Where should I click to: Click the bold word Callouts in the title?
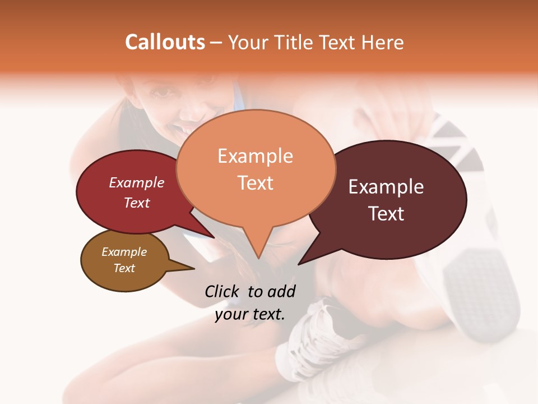coord(165,43)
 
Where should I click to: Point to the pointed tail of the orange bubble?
coord(258,255)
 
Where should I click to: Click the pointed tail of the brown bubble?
coord(191,269)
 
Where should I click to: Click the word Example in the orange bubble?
coord(255,156)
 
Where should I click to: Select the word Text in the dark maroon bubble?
coord(386,214)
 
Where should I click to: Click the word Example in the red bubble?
coord(137,183)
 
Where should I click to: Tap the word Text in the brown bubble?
coord(124,268)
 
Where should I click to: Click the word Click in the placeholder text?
coord(223,291)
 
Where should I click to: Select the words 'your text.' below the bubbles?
coord(250,314)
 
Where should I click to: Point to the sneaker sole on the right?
coord(482,292)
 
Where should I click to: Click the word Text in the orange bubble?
coord(256,183)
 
